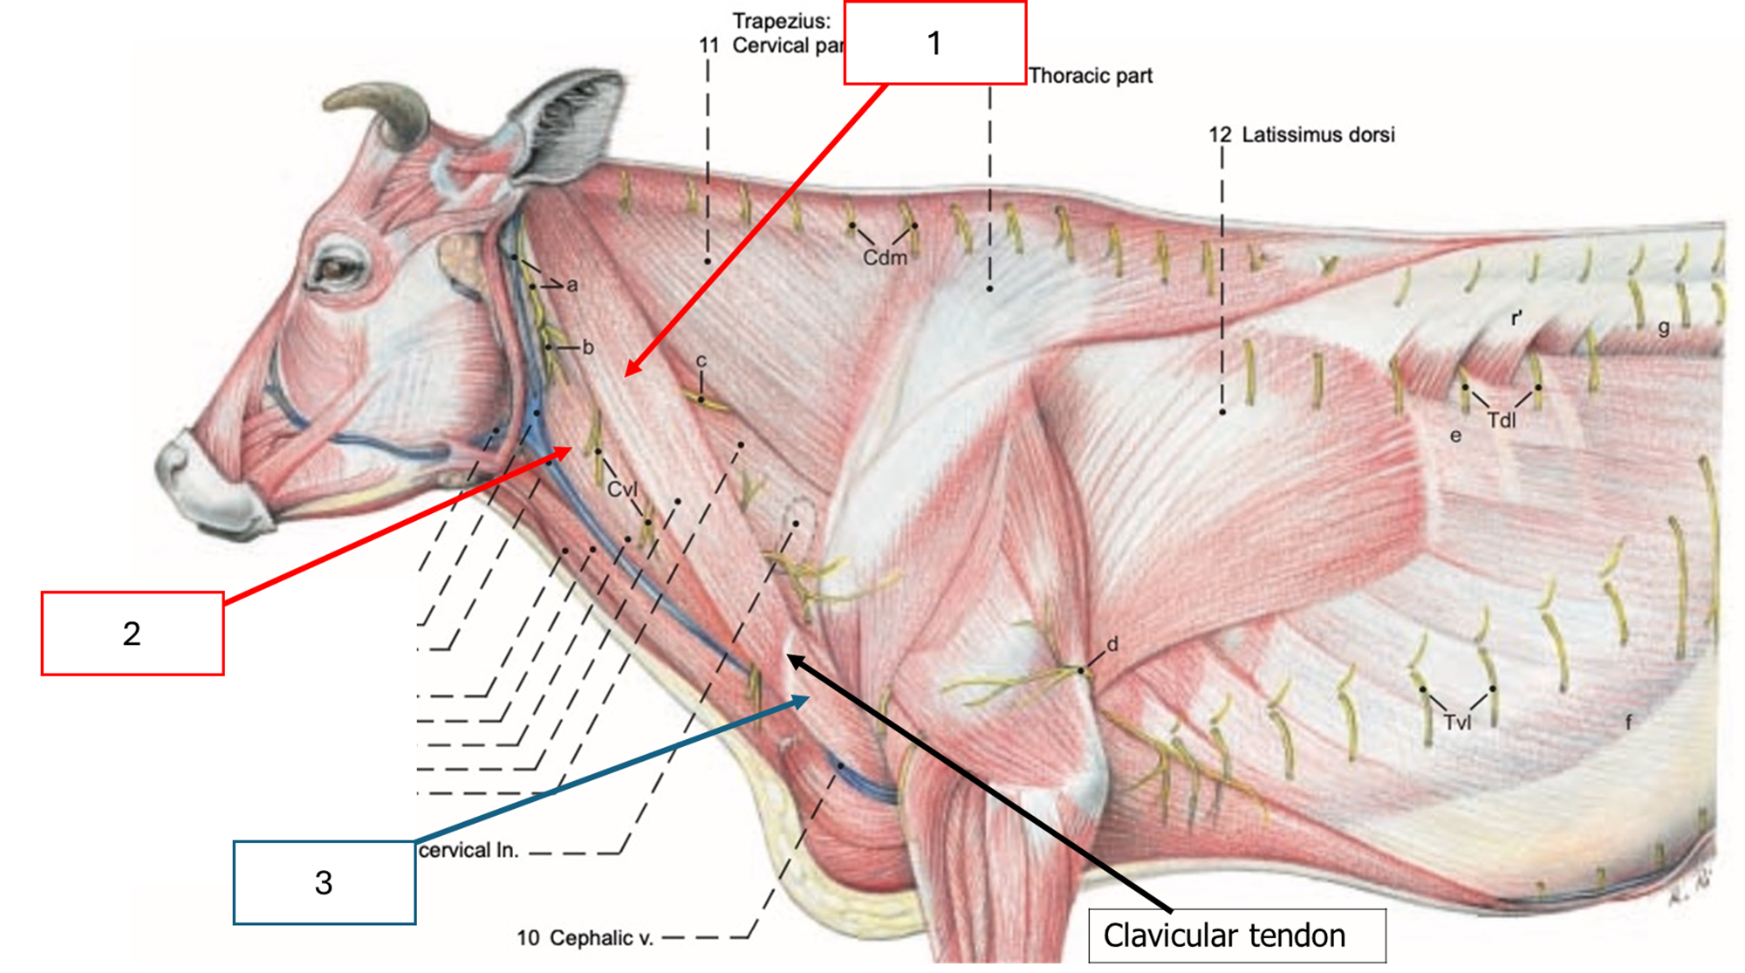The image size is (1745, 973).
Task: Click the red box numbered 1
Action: click(934, 43)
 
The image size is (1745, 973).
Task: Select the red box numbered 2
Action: click(132, 634)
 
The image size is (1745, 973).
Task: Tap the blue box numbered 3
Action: click(324, 882)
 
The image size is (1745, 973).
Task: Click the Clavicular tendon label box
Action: click(1236, 935)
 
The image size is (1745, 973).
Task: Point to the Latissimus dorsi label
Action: click(1317, 134)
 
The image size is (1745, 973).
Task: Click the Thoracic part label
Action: click(1091, 76)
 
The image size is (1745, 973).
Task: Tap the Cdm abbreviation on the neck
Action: click(885, 258)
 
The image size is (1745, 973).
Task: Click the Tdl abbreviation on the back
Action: click(1502, 421)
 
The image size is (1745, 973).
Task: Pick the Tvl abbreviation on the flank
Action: click(1457, 723)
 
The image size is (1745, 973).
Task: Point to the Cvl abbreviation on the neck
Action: click(622, 490)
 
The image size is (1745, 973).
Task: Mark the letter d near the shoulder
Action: click(1112, 645)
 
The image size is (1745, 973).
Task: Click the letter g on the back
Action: click(1664, 328)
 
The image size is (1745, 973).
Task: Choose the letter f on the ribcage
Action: click(1628, 723)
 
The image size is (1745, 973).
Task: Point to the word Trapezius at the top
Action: click(781, 20)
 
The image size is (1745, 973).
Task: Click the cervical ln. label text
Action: click(469, 851)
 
